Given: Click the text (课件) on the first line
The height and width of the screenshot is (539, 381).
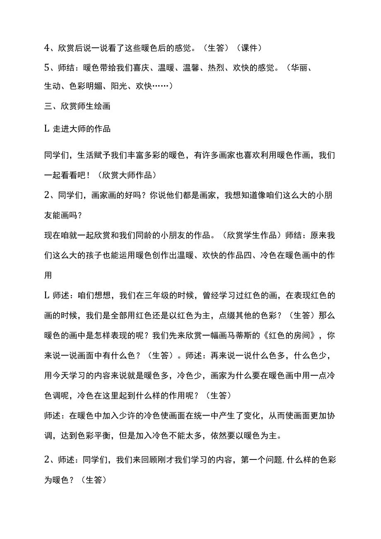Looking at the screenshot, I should point(248,48).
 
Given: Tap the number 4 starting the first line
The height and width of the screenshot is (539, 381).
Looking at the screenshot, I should point(47,48).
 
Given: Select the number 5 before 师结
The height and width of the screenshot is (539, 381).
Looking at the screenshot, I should point(47,68).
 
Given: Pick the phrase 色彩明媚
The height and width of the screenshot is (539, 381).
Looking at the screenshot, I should point(86,86).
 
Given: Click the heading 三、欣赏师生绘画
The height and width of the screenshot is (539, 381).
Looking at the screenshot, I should point(77,106).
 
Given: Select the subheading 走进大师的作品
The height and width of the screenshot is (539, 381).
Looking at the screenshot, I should point(82,128).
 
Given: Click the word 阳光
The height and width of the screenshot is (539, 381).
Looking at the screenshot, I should point(122,86).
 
